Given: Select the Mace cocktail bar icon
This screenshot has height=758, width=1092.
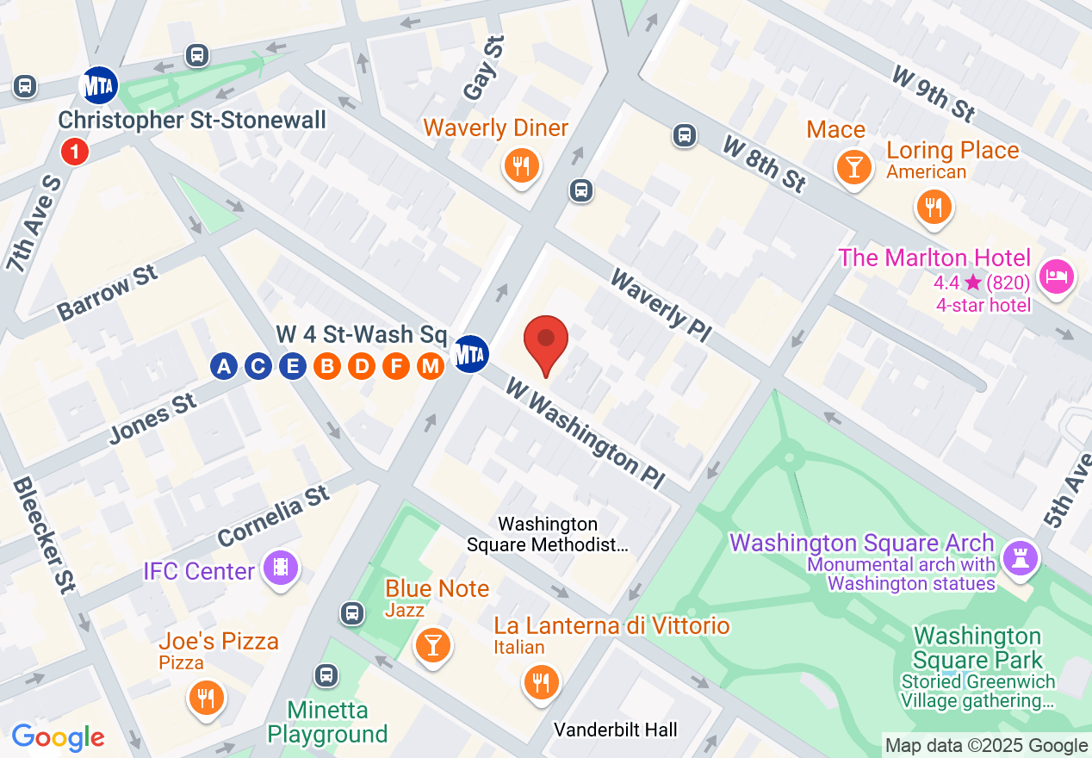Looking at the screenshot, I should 853,165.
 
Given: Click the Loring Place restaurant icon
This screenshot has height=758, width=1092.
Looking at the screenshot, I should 933,207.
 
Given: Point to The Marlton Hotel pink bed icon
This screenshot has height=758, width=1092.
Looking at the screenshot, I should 1056,276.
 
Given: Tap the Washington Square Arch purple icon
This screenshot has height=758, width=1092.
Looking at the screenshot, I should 1021,559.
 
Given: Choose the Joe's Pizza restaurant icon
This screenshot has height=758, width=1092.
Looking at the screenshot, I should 205,696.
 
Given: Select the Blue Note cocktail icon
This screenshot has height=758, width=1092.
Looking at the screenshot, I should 432,644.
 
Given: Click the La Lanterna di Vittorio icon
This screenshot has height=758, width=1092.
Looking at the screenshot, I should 541,682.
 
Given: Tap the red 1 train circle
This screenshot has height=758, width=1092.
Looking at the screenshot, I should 75,153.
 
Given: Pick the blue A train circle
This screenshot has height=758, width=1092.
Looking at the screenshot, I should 224,366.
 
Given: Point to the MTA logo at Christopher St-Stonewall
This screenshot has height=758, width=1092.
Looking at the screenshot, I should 98,85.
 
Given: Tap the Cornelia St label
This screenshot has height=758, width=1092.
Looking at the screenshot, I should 274,514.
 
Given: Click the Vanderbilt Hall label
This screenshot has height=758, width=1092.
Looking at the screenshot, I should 615,730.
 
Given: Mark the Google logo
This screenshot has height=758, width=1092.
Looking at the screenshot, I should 59,737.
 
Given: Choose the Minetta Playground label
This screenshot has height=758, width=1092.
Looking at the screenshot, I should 327,723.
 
